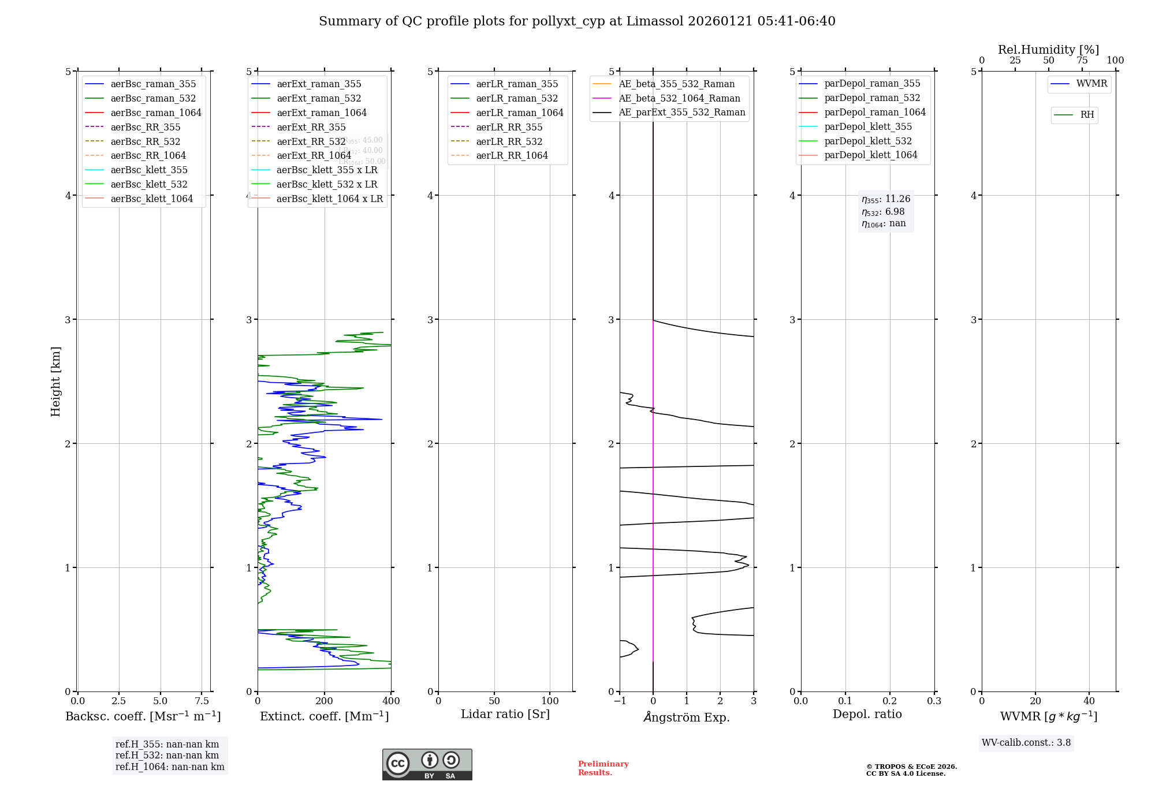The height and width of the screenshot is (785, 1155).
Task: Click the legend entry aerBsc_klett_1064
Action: click(x=151, y=199)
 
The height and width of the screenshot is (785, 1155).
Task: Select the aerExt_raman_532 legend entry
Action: click(x=319, y=98)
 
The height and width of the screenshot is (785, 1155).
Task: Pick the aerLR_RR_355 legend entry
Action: click(x=509, y=127)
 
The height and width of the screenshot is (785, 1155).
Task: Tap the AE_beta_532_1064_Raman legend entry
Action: click(x=679, y=98)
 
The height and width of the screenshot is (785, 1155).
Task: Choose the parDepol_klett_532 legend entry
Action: click(x=867, y=141)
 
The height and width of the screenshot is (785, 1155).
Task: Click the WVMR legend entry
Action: click(x=1091, y=84)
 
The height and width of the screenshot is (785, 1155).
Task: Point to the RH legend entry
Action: click(x=1087, y=115)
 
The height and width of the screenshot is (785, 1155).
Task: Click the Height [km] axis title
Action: click(x=55, y=382)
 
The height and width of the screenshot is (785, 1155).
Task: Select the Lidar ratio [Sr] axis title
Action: click(x=505, y=714)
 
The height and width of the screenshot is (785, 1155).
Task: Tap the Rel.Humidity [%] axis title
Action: click(x=1048, y=50)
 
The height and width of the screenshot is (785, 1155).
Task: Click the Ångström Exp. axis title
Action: click(x=687, y=717)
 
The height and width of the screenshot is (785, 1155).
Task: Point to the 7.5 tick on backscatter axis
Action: click(x=202, y=701)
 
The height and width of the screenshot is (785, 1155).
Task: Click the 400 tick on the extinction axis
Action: click(x=391, y=701)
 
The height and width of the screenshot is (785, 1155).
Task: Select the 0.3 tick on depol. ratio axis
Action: click(x=934, y=701)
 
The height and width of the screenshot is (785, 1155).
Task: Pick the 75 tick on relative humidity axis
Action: click(x=1082, y=61)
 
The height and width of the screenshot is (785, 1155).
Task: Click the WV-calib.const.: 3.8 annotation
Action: click(x=1026, y=743)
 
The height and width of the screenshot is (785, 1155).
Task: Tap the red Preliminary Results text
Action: click(x=603, y=768)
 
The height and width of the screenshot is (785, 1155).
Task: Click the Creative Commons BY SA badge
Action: click(x=427, y=765)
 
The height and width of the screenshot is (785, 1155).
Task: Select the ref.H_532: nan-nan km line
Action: click(x=167, y=756)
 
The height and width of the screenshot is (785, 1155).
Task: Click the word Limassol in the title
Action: click(x=654, y=21)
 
